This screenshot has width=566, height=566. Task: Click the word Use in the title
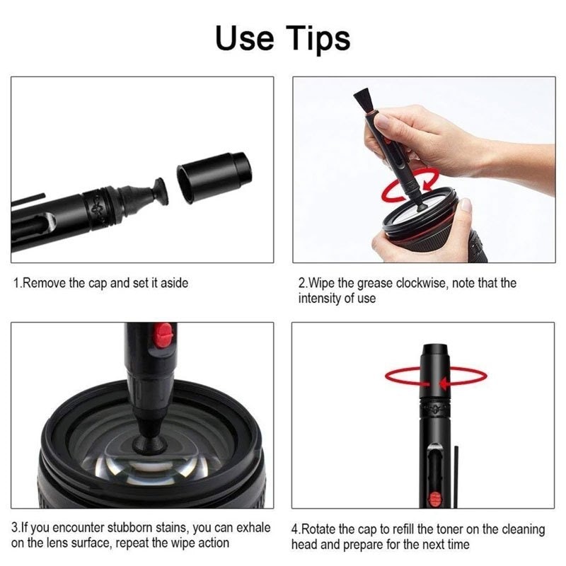coord(244,37)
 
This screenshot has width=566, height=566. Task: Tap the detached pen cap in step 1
coord(214,177)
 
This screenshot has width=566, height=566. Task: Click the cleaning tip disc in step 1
coord(161,191)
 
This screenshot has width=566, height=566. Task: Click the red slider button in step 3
coord(163,335)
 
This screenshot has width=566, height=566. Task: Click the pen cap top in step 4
coord(434,348)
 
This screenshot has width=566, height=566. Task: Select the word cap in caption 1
coord(98,284)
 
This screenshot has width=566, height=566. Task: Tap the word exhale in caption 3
coord(253,528)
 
